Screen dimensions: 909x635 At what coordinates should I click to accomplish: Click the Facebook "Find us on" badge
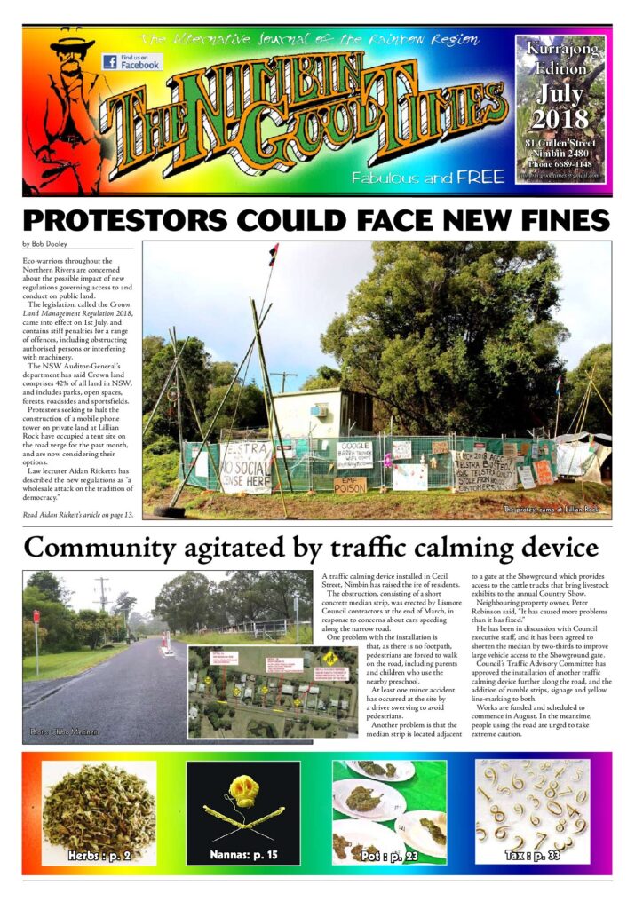pyautogui.click(x=131, y=62)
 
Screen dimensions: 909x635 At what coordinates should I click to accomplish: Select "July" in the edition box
pyautogui.click(x=560, y=93)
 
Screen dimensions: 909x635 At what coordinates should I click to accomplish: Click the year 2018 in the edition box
pyautogui.click(x=560, y=117)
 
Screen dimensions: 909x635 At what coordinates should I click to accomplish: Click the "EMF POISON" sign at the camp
pyautogui.click(x=349, y=486)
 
